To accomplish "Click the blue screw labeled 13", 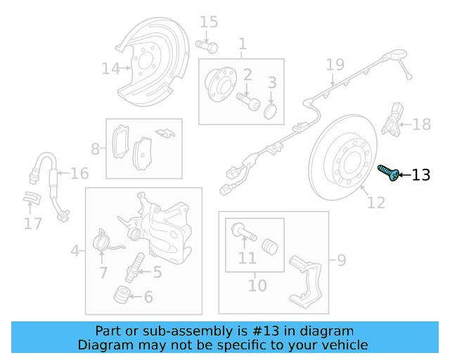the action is tap(388, 172).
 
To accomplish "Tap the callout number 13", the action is tap(420, 175).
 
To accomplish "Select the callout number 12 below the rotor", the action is tap(376, 203).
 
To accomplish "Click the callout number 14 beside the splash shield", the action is tap(111, 68).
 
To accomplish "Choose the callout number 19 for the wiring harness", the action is tap(335, 65).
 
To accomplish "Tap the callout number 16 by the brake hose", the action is tap(79, 173).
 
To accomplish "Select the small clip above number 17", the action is tap(31, 200).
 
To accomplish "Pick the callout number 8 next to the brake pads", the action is tap(96, 149).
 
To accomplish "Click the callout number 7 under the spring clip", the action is tap(103, 272).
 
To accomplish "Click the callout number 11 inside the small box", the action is tap(247, 259).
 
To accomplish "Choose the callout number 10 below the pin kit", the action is tap(257, 285).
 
